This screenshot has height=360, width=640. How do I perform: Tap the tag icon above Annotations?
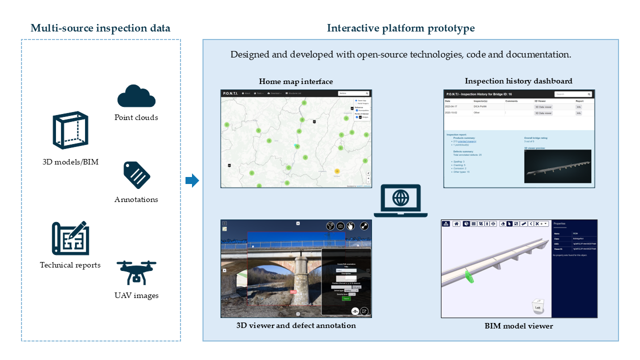pyautogui.click(x=136, y=175)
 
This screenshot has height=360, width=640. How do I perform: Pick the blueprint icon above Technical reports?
pyautogui.click(x=70, y=238)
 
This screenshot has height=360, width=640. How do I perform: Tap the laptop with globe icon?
pyautogui.click(x=400, y=200)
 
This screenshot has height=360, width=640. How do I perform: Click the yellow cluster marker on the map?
pyautogui.click(x=337, y=171)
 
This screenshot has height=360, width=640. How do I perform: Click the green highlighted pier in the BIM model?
pyautogui.click(x=469, y=276)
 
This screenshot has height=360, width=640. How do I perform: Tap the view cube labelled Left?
pyautogui.click(x=537, y=306)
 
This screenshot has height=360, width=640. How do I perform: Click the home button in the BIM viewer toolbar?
pyautogui.click(x=456, y=223)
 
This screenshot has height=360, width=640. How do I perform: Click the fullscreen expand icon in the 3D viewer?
pyautogui.click(x=364, y=226)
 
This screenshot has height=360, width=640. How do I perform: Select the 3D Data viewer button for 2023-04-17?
pyautogui.click(x=543, y=107)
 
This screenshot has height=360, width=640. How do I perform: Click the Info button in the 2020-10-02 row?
pyautogui.click(x=578, y=113)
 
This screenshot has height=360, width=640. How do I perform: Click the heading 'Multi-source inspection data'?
pyautogui.click(x=100, y=28)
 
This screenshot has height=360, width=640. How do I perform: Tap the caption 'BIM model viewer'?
pyautogui.click(x=519, y=326)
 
